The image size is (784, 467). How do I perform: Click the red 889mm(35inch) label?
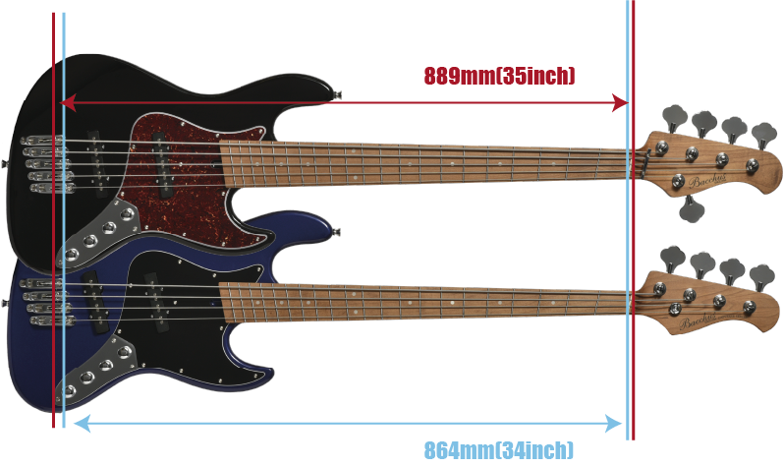tap(499, 76)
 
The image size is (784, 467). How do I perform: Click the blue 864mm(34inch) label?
tap(498, 450)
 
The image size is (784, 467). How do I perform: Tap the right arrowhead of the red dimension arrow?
tap(621, 103)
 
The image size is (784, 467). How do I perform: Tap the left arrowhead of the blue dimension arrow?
tap(82, 424)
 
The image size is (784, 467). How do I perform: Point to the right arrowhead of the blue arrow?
tap(613, 424)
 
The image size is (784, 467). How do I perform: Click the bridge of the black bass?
tap(46, 163)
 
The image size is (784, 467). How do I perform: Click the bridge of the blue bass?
tap(46, 302)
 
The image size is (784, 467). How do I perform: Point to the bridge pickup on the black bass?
tap(98, 162)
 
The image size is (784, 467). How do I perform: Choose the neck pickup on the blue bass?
tap(155, 302)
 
